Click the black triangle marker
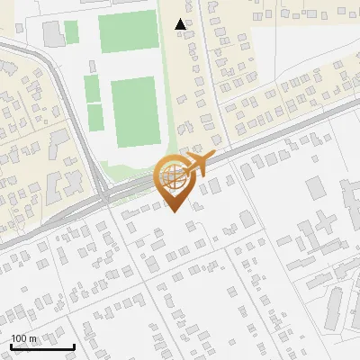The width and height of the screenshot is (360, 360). click(181, 24)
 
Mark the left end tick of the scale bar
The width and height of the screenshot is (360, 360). click(11, 346)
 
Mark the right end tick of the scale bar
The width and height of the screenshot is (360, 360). click(74, 346)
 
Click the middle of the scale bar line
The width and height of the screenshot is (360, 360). click(42, 347)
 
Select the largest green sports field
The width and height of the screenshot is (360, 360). click(135, 112)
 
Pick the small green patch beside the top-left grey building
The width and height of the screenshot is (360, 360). click(71, 32)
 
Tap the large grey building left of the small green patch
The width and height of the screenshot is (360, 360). click(53, 34)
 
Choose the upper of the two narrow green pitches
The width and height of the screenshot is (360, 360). click(92, 88)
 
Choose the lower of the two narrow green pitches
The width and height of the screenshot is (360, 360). click(95, 115)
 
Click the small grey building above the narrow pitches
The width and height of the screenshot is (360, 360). click(90, 66)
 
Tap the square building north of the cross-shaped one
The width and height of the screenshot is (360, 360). click(314, 187)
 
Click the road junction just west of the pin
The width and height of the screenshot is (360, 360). click(105, 193)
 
